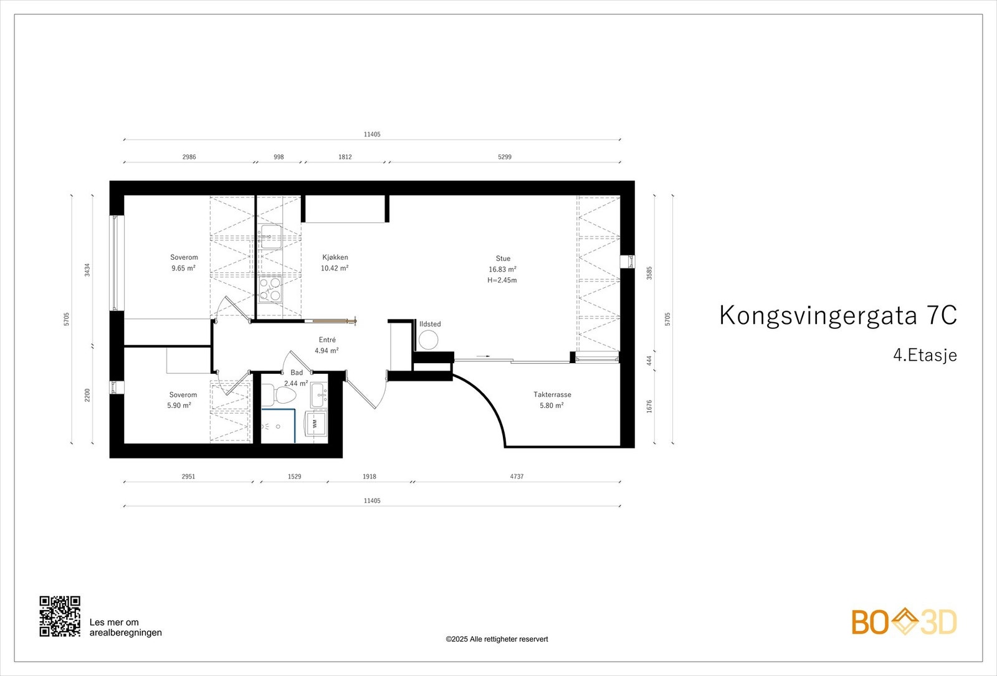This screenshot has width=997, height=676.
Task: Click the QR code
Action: pos(60,616)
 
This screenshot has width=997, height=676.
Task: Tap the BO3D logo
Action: pos(904,622)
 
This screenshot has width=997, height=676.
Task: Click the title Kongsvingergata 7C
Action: pos(837,315)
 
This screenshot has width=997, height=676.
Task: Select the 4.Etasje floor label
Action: pos(925,356)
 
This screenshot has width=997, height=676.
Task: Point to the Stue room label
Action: pos(503,259)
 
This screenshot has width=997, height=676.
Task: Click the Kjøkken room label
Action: pos(335,257)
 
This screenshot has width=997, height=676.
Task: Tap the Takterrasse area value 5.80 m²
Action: pos(551,406)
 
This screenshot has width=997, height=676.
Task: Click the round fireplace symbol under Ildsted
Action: pos(428,340)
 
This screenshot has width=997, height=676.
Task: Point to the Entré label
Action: pos(327,340)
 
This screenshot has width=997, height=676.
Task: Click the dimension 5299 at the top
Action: pos(504,157)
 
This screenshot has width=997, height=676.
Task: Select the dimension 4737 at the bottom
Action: pos(517,477)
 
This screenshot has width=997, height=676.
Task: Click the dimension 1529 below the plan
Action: pos(294,477)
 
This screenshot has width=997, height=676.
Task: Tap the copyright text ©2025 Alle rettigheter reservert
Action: pos(497,639)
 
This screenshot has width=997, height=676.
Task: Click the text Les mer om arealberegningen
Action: pos(125,627)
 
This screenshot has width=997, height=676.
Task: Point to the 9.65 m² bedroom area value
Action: pos(184,269)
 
